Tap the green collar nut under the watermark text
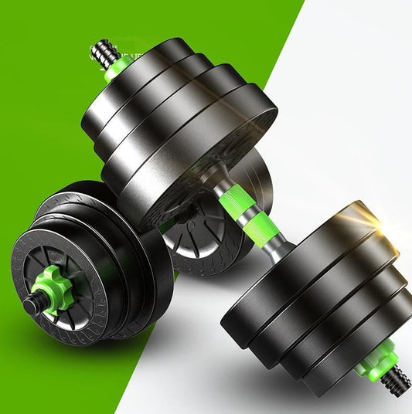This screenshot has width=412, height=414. (118, 68)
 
